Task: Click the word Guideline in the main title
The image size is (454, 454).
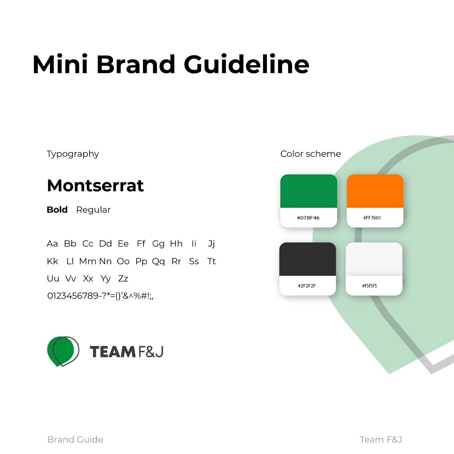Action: point(246,64)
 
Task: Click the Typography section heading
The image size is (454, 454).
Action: point(73,154)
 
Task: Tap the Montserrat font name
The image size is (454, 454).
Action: point(95,185)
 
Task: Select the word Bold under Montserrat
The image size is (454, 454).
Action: point(57,209)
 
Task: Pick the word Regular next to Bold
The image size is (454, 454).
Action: point(93,210)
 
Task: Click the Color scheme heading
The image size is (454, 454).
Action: point(311,154)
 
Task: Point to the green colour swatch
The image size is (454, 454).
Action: point(309,191)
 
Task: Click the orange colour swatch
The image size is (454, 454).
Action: point(375,191)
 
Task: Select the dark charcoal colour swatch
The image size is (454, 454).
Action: point(308,259)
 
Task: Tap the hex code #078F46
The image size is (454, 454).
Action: point(308,218)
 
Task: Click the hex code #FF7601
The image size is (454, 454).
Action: point(372,218)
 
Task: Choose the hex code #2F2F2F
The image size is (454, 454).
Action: point(307,286)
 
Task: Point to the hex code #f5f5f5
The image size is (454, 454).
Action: point(370,286)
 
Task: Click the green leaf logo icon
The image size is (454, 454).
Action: point(63,351)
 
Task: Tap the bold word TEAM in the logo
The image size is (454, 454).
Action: point(112,352)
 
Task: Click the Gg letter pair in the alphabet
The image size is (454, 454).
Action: point(158,244)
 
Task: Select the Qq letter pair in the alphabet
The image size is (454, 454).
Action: point(158,262)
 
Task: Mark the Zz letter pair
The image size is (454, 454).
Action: point(123,278)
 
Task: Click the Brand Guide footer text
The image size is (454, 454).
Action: point(75,439)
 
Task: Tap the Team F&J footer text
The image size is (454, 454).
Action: point(381,439)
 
